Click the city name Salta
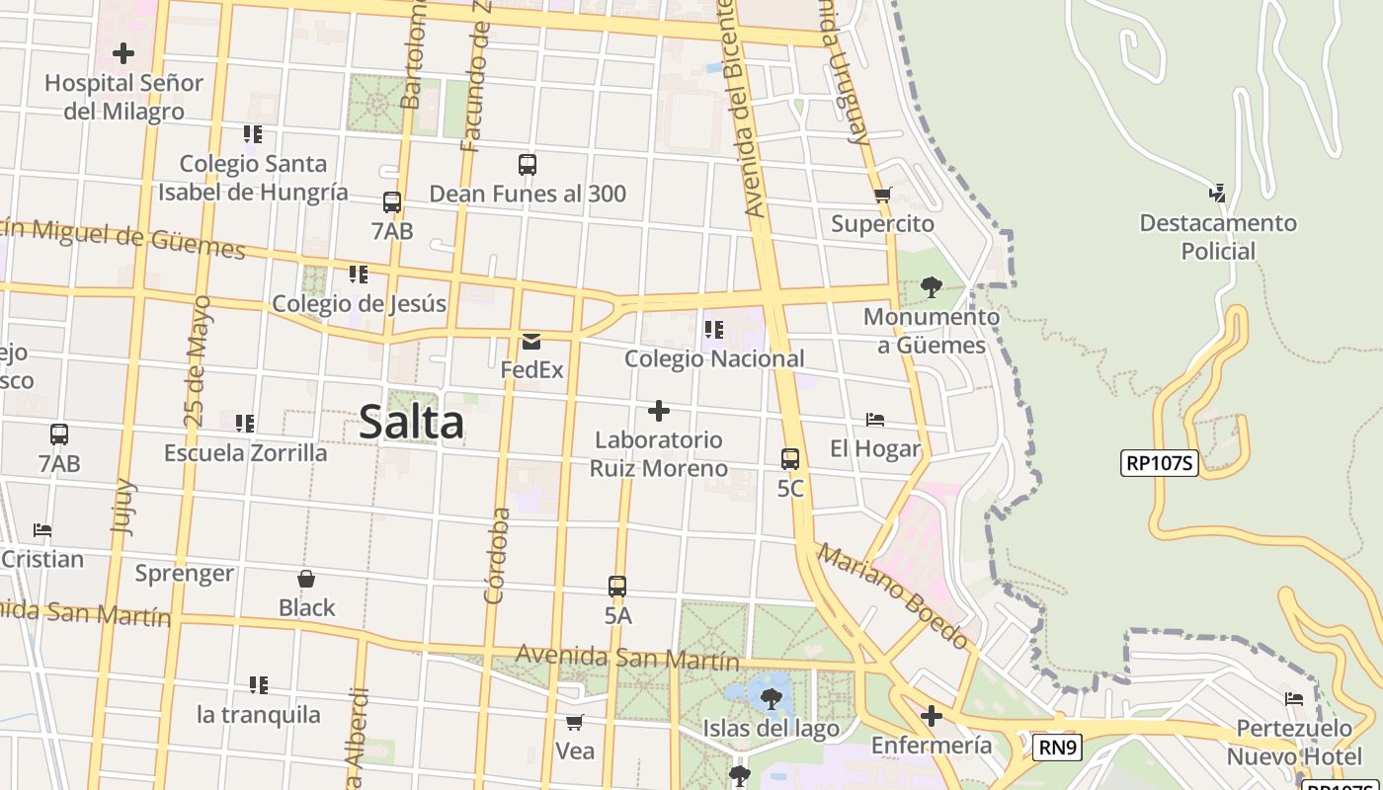(411, 423)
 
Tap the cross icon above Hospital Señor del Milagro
(123, 53)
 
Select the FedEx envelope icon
(531, 342)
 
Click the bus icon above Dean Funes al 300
(528, 165)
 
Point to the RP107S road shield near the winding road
(1159, 463)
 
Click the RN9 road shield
(1057, 748)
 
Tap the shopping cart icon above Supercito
(882, 196)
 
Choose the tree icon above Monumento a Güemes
(931, 287)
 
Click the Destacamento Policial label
(1217, 237)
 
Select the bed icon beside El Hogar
(875, 420)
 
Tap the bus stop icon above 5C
(790, 459)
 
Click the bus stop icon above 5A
(617, 587)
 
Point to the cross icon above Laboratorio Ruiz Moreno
(659, 411)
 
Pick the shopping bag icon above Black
(306, 579)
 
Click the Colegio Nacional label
(714, 358)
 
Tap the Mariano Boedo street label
(893, 595)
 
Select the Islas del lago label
(771, 729)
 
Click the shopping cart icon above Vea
(575, 723)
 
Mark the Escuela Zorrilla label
(245, 452)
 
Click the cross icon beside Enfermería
(931, 716)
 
